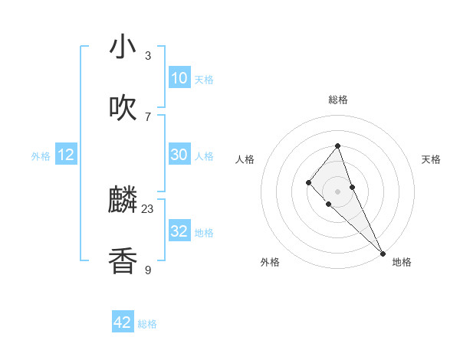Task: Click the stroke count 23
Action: point(148,208)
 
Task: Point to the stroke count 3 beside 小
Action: point(148,55)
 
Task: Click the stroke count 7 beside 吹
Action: point(148,116)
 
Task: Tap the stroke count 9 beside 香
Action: point(148,270)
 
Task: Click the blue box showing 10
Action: point(179,77)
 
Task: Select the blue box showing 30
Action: point(179,155)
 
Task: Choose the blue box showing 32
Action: point(179,231)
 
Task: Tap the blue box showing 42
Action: point(123,322)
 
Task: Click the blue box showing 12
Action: point(66,155)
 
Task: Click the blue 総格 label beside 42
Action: point(148,324)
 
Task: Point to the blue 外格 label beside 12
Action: point(41,156)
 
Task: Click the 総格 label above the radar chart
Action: point(338,100)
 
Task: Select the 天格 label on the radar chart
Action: point(431,159)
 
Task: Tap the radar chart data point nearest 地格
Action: point(383,252)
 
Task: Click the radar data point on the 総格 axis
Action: point(338,146)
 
